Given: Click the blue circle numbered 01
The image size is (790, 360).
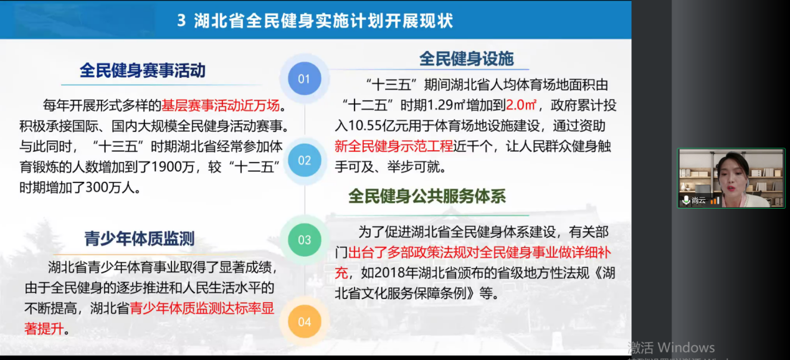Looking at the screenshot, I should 304,79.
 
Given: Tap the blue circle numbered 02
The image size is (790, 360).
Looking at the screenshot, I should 304,160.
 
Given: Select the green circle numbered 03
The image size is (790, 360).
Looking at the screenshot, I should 304,240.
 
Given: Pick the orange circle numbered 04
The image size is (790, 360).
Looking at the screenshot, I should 304,321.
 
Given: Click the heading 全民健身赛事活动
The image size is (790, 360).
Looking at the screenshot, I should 142,70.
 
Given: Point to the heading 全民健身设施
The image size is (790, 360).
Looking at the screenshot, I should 466,59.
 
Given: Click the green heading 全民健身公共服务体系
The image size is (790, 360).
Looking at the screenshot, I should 427,197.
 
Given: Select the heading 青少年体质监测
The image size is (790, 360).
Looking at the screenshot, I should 140,239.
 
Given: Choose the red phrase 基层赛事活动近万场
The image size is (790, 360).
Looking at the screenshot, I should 221,105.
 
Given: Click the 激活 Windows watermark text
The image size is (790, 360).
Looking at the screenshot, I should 671,348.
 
